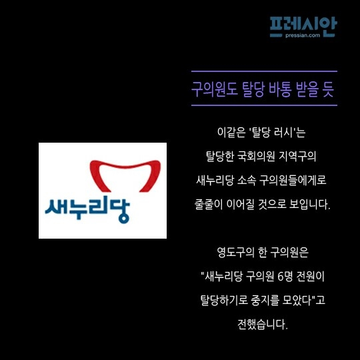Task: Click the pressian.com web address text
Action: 303,35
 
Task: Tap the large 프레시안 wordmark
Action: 303,27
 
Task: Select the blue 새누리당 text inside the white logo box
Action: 87,211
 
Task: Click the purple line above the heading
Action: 264,71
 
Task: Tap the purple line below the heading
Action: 264,105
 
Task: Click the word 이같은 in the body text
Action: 231,133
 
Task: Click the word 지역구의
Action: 297,157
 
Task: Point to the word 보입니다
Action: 309,205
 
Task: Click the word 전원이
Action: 311,277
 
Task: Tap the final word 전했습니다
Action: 263,325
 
